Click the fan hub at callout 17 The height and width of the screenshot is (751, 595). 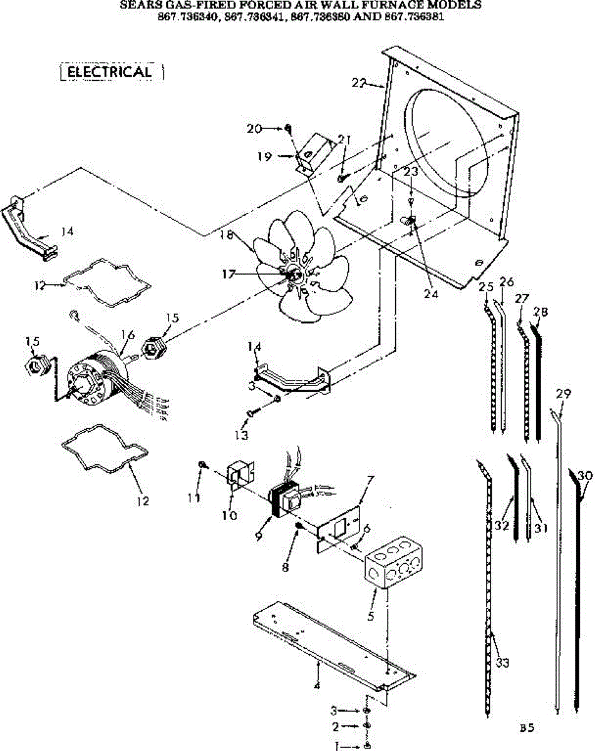(293, 273)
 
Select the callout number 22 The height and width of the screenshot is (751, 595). (358, 82)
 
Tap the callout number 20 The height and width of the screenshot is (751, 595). (254, 128)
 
